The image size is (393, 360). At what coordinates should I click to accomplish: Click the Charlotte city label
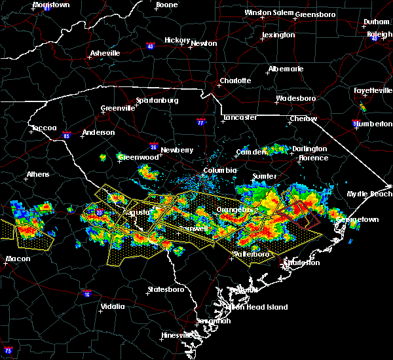[x=235, y=81]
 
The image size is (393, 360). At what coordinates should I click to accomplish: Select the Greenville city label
[x=118, y=109]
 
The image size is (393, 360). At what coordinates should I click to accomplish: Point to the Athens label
[x=38, y=175]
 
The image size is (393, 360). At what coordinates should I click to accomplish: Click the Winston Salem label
[x=269, y=12]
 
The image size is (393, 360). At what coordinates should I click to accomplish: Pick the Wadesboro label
[x=295, y=98]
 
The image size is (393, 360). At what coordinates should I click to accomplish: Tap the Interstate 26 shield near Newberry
[x=153, y=147]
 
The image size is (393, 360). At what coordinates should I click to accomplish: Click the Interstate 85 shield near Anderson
[x=67, y=136]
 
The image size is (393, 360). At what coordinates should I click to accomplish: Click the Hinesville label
[x=178, y=335]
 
